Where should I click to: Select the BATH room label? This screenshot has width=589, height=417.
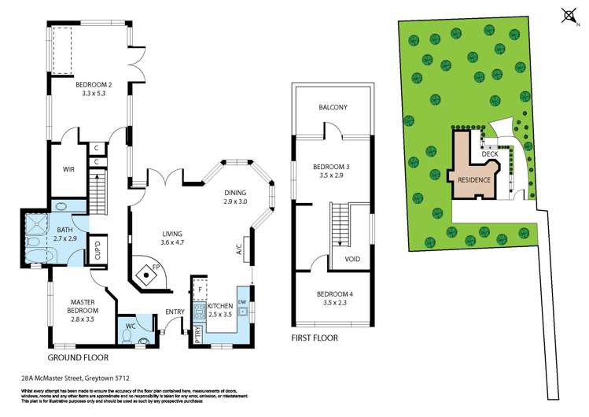coord(64,228)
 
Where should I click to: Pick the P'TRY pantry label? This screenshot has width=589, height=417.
coord(196,333)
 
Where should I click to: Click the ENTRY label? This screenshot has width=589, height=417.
coord(174,312)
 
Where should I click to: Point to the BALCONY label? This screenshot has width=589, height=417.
coord(333,108)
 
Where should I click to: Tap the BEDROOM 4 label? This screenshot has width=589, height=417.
coord(333,293)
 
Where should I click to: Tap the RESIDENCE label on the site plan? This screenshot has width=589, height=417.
coord(474,179)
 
